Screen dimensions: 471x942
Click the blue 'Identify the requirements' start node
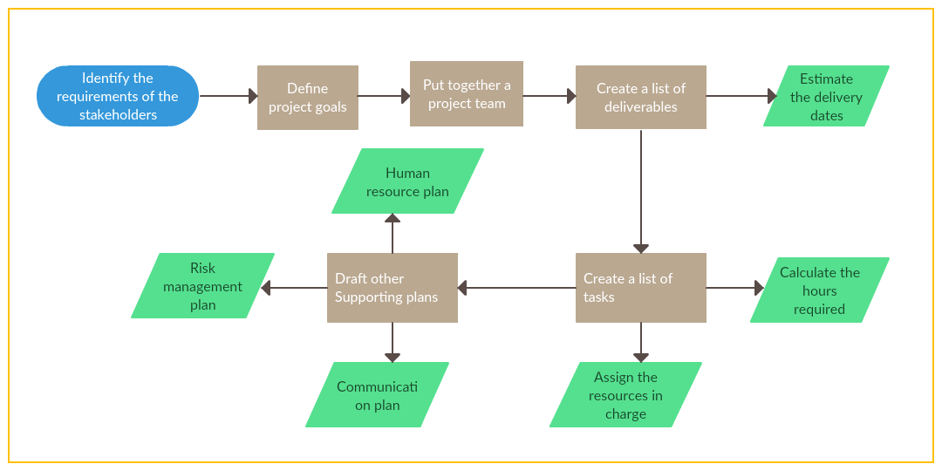[118, 96]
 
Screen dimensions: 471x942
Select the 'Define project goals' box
[308, 98]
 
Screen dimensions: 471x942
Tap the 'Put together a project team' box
[467, 94]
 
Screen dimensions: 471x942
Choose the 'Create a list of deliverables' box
[641, 98]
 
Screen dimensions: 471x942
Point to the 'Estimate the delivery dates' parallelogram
[826, 96]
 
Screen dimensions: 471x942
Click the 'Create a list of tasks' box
[641, 288]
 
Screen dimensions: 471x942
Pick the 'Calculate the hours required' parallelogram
[819, 290]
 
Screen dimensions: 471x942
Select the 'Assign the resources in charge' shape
[625, 395]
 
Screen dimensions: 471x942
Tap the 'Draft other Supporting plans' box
[392, 288]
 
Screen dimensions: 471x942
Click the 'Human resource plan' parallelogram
[407, 181]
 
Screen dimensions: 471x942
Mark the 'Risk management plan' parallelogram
[202, 286]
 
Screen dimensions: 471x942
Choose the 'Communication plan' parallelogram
[377, 395]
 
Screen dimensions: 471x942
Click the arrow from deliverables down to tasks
[641, 192]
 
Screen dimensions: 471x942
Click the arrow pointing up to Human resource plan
[392, 234]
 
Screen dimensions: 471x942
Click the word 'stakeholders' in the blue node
[118, 115]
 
